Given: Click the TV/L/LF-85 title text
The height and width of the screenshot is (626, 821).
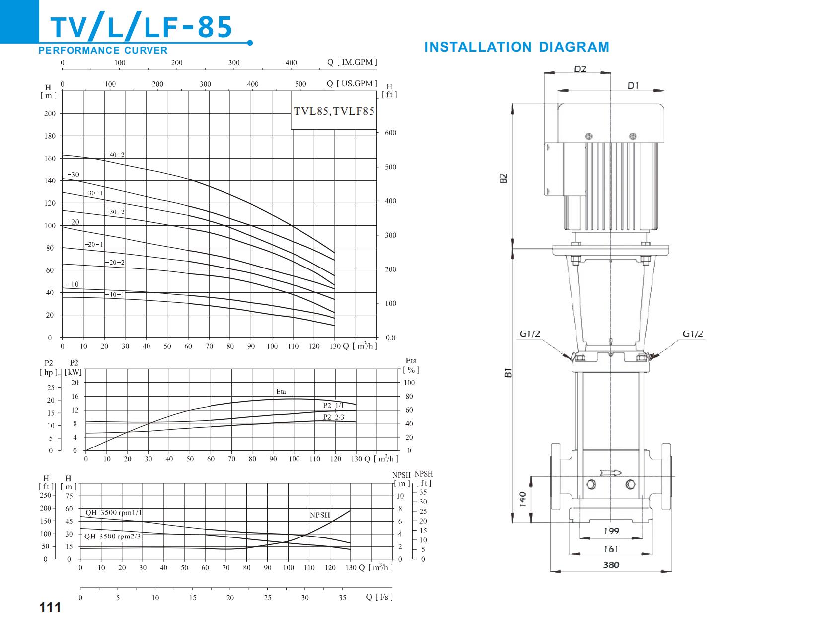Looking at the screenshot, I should (142, 27).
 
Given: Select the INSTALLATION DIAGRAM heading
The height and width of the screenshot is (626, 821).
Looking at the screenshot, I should (517, 47).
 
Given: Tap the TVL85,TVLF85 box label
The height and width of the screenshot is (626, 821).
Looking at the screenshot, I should (334, 111).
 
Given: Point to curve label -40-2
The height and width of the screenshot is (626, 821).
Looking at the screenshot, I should (115, 155).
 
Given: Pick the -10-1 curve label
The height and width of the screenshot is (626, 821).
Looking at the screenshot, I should (115, 294).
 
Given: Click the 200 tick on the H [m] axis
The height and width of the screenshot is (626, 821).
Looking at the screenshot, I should (50, 113).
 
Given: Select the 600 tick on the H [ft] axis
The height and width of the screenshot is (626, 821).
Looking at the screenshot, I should (391, 133).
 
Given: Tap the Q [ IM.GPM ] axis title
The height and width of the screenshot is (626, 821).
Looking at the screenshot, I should (352, 62).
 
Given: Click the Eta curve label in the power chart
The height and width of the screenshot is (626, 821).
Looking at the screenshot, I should (281, 391).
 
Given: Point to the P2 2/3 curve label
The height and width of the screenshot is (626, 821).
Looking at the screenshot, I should (334, 417).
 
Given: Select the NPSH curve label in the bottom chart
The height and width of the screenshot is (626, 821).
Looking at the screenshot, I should (320, 515).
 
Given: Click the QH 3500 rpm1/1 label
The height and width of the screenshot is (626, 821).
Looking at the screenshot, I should (114, 512).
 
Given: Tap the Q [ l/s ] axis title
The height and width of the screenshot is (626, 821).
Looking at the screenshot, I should (379, 597).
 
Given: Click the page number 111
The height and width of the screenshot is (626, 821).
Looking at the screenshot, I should (50, 607).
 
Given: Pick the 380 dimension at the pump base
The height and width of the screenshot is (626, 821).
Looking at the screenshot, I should (611, 565).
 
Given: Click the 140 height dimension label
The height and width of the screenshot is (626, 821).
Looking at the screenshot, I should (522, 499).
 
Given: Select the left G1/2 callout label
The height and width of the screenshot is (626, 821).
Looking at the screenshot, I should (530, 334).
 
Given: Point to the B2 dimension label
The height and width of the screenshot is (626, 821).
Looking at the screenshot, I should (503, 178).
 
